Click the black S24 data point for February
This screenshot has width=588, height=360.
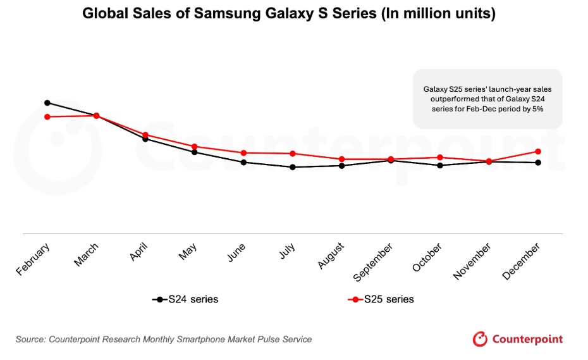[47, 102]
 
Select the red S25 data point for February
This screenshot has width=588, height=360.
[47, 117]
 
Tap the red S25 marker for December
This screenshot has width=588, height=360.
[538, 151]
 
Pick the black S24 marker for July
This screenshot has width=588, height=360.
[293, 167]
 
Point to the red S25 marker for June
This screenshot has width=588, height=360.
[243, 153]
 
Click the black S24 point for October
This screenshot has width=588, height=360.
[440, 165]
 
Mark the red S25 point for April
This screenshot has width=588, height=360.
[145, 135]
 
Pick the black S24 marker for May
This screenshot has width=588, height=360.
[195, 152]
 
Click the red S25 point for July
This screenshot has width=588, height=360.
[293, 154]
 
